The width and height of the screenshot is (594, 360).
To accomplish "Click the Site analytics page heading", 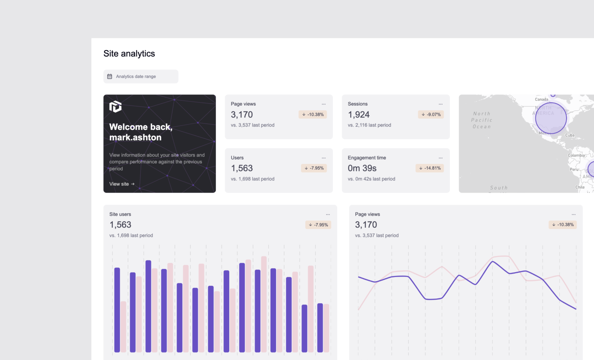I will point(129,53).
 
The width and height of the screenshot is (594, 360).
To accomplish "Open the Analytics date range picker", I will point(141,77).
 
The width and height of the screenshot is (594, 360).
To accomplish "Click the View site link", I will point(122,184).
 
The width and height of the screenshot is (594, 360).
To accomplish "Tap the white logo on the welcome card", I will point(116,106).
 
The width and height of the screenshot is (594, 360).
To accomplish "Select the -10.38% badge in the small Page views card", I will point(313,114).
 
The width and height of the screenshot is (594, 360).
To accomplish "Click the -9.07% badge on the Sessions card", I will point(431,114).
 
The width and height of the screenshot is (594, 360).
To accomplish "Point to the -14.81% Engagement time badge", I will point(430,168).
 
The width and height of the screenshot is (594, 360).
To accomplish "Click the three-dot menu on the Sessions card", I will point(441,104).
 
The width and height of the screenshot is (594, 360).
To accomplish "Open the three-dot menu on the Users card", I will point(324,158).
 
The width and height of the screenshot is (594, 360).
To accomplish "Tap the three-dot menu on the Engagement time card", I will point(441,158).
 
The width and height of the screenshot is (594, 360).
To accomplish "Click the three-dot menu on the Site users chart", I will point(328,214).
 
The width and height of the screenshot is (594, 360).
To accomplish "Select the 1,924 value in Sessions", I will point(358,114).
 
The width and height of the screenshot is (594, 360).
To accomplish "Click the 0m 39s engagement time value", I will point(362,168).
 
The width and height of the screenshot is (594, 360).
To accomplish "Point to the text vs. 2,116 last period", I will point(369,125).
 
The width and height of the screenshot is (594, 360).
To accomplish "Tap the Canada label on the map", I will point(541,99).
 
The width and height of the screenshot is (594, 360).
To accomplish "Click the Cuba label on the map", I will point(570,135).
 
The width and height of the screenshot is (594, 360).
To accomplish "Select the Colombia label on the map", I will point(576,155).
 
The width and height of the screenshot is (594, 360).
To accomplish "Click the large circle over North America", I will point(551,118).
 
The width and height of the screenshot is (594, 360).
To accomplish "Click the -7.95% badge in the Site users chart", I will point(318,225).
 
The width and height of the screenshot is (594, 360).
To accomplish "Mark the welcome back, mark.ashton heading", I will point(141,132).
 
